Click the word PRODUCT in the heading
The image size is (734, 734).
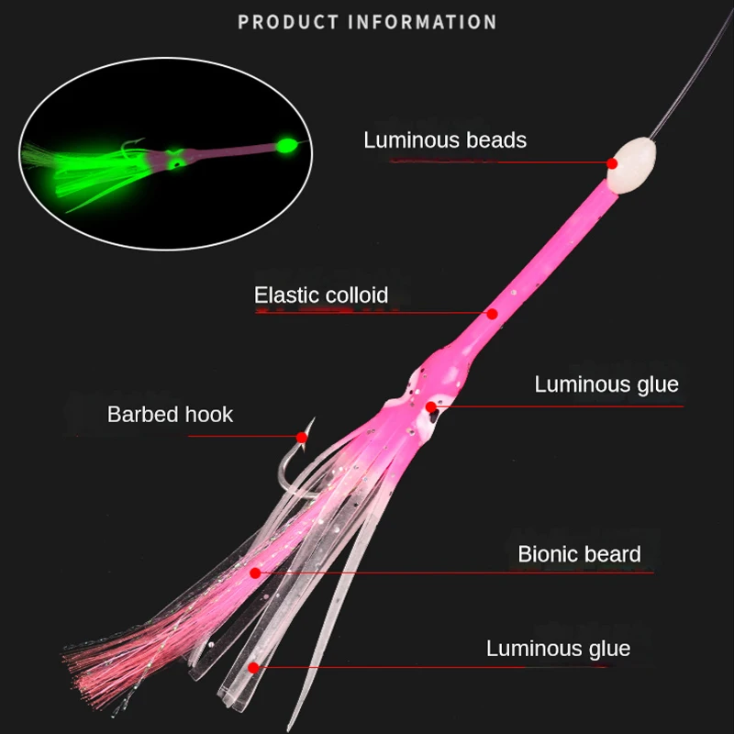pyautogui.click(x=284, y=22)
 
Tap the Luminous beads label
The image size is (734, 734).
pyautogui.click(x=445, y=140)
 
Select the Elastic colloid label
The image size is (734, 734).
pyautogui.click(x=321, y=295)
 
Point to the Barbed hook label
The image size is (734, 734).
pyautogui.click(x=170, y=414)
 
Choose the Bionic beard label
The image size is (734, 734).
pyautogui.click(x=579, y=554)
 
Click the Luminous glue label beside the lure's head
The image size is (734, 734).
pyautogui.click(x=606, y=384)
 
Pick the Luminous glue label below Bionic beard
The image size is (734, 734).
pyautogui.click(x=558, y=649)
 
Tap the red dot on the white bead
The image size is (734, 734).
pyautogui.click(x=612, y=163)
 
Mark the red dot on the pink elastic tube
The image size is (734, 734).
pyautogui.click(x=492, y=314)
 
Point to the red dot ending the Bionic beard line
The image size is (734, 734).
pyautogui.click(x=255, y=573)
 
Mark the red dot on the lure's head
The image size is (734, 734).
pyautogui.click(x=430, y=406)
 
